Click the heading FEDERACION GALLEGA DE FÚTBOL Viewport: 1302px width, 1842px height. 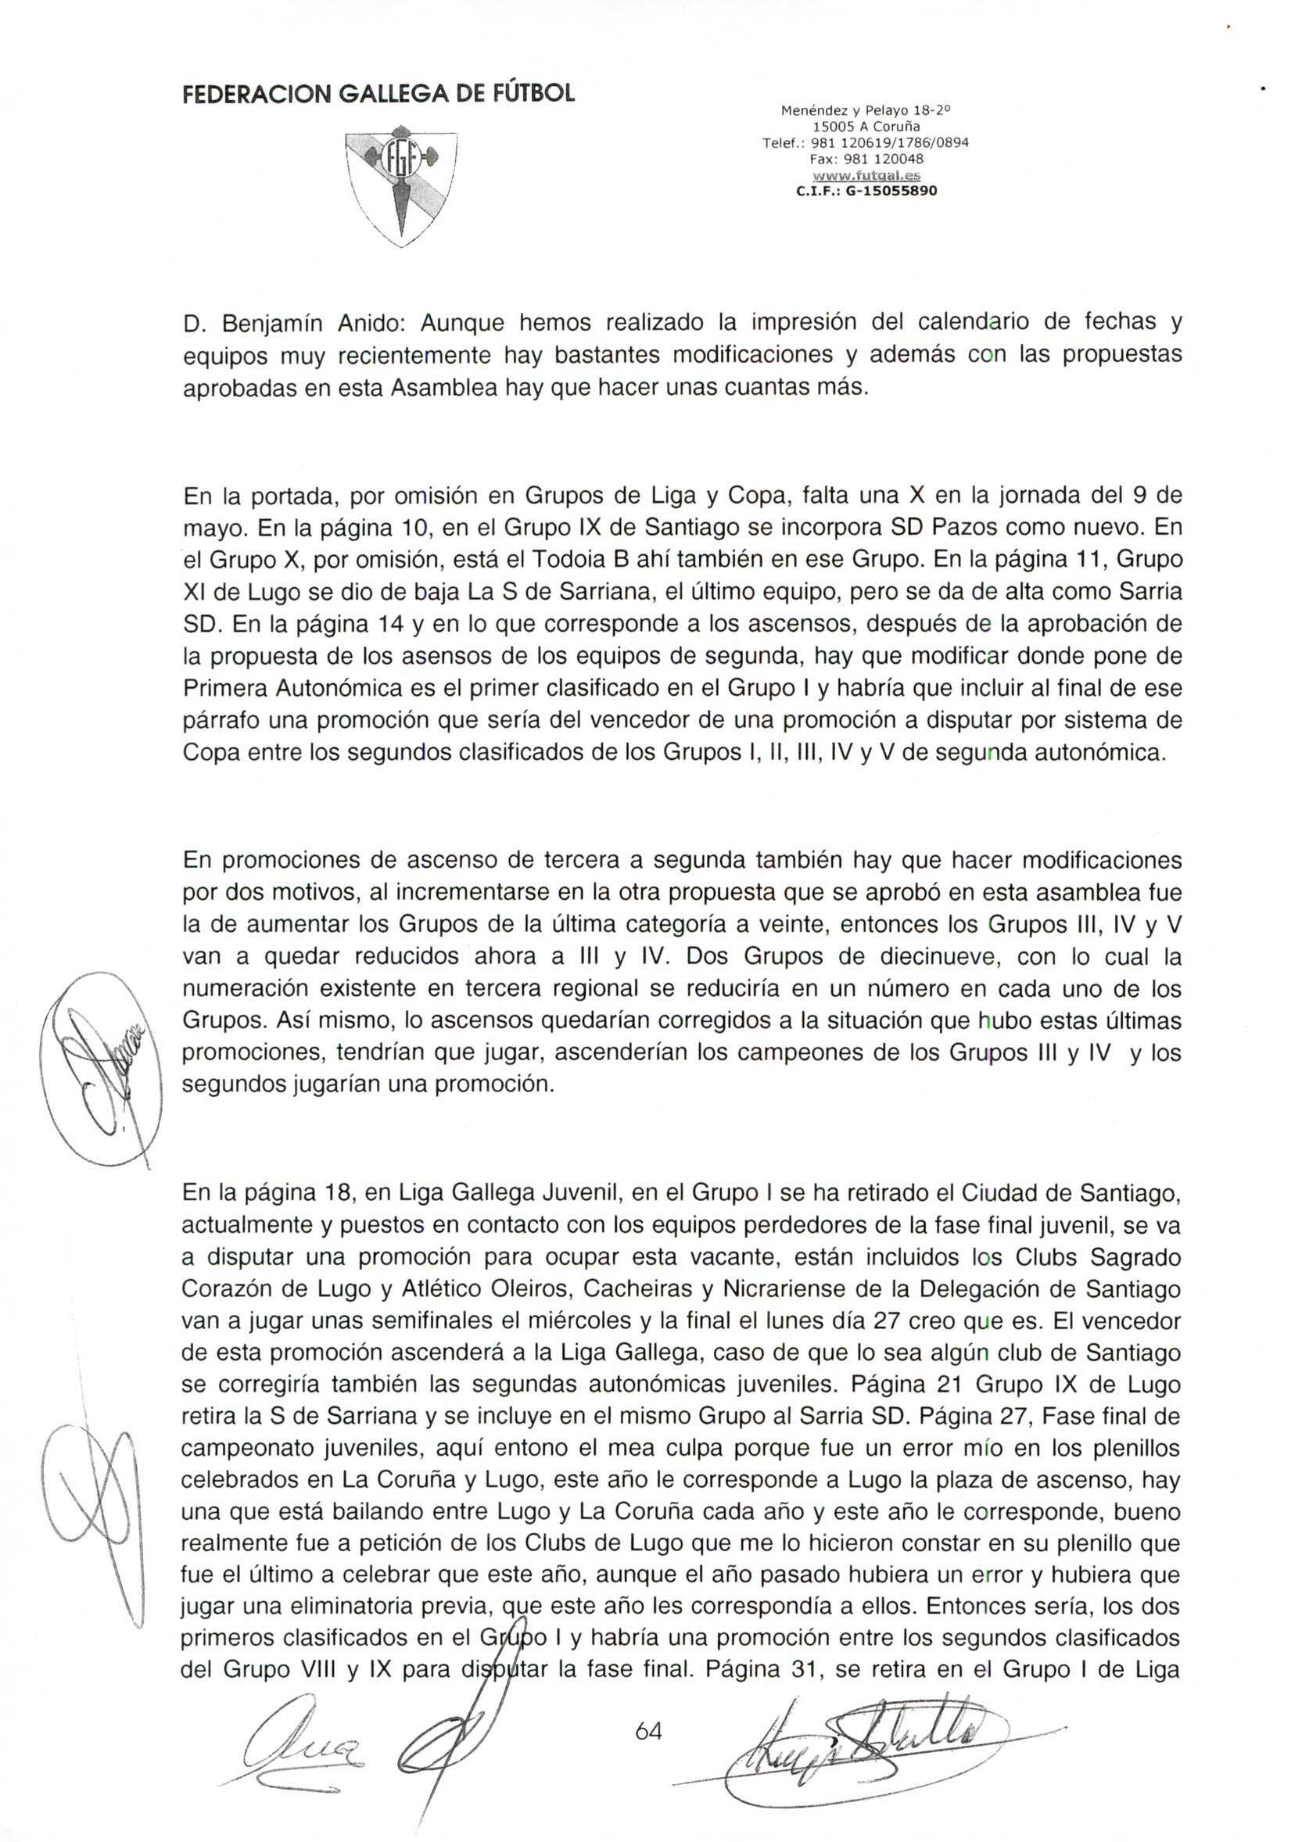378,94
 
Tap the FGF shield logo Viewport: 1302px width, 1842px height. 400,186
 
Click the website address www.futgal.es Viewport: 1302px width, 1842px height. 866,176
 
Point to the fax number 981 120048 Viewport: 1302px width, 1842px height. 878,159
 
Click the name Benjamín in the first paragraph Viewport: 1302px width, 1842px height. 272,324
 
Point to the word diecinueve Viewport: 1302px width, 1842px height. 909,957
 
